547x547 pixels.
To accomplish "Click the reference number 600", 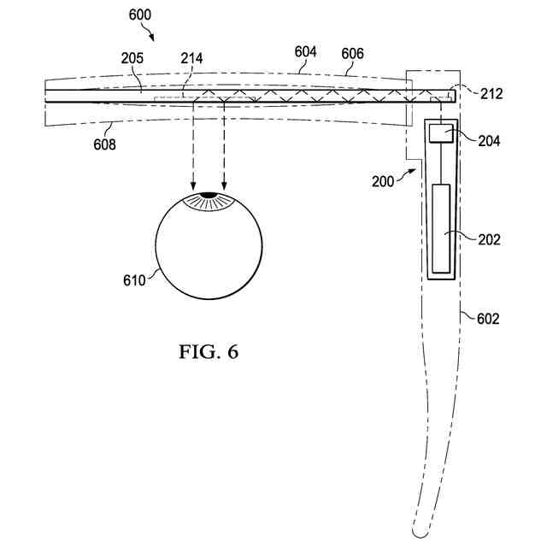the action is [140, 15].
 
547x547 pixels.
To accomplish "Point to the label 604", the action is [306, 51].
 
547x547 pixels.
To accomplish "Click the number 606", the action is [351, 53].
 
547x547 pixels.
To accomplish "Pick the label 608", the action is [104, 145].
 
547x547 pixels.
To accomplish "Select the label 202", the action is [489, 240].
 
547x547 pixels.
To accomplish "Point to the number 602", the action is [487, 319].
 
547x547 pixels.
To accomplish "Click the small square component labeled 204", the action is [441, 132].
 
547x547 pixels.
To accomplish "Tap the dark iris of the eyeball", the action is [209, 201].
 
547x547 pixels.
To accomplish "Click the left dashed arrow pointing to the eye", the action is [192, 145].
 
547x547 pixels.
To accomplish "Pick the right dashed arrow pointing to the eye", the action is [225, 145].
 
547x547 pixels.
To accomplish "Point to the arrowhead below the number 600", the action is [152, 37].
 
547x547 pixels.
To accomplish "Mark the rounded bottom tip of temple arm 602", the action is [419, 532].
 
